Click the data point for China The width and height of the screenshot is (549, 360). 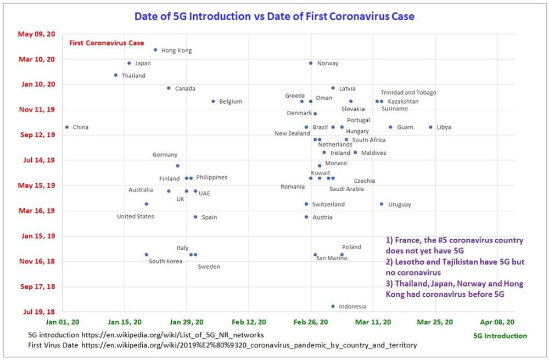67,127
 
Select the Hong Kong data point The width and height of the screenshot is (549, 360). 155,50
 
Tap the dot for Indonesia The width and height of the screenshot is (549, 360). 333,306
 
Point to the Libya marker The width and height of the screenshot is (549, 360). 430,127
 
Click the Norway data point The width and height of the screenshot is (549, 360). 311,63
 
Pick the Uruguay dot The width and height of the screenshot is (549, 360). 382,204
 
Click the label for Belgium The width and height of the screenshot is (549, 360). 230,102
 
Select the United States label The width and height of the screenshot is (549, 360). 135,217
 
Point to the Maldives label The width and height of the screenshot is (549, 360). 373,153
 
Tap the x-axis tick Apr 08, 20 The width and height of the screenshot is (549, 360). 497,322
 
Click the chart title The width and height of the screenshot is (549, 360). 274,16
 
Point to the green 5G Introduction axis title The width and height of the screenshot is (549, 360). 500,336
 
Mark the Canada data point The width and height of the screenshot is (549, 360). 169,88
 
